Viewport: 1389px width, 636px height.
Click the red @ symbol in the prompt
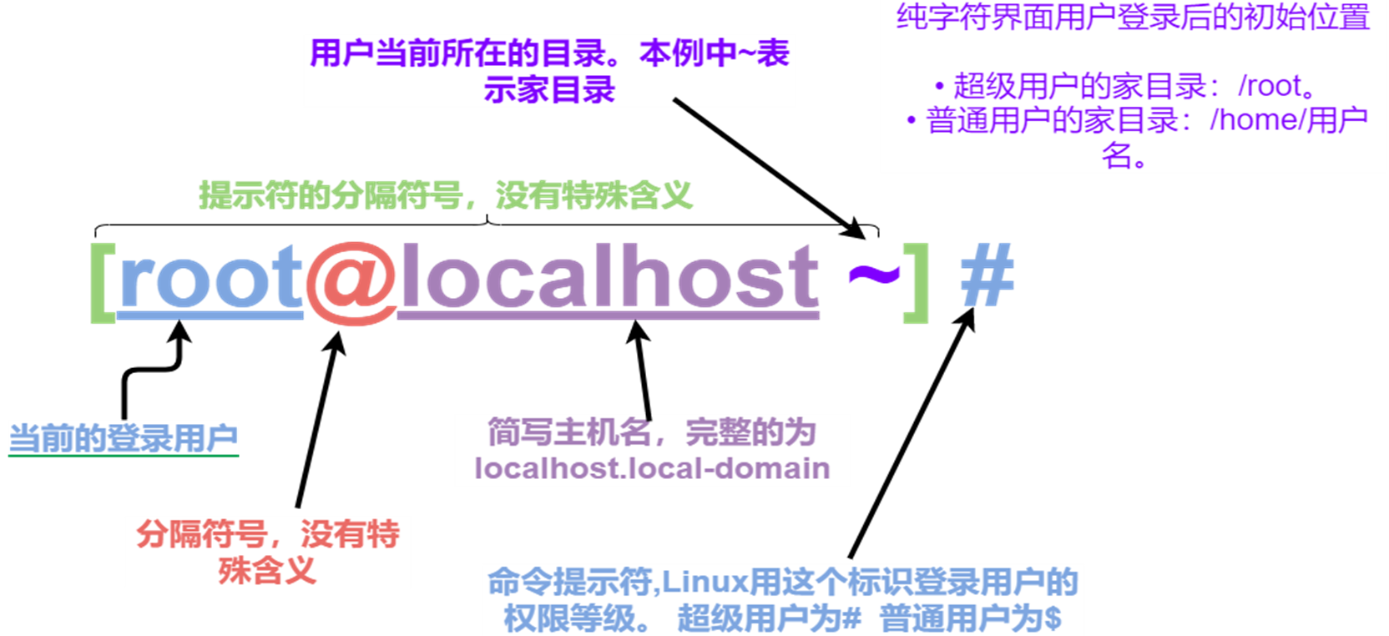pos(351,282)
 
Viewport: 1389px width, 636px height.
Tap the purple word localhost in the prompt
pos(609,275)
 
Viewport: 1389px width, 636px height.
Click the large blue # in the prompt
pos(987,274)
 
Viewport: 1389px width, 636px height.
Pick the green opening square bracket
pos(103,283)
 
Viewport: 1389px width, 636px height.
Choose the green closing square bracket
pos(917,283)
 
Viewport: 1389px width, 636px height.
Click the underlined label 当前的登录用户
pos(124,438)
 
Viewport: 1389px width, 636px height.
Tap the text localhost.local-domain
pos(652,468)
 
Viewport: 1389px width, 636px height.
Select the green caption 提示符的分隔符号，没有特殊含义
pos(445,196)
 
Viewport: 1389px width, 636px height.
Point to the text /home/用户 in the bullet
pos(1289,119)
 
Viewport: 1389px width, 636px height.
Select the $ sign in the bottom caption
pos(1053,618)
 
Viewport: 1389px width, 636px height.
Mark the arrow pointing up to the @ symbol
pos(320,419)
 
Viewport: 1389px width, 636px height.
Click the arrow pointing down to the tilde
pos(769,168)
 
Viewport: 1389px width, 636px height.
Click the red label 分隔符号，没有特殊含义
pos(268,552)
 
